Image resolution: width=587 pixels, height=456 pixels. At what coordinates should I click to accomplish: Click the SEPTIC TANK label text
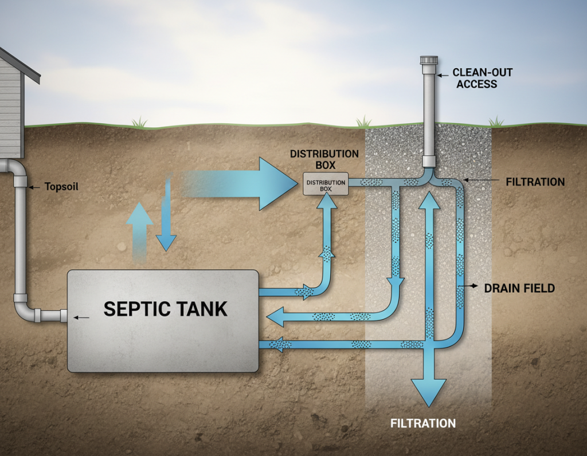[x=165, y=309]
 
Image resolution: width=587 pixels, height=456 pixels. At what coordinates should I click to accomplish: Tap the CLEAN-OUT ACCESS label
[x=474, y=78]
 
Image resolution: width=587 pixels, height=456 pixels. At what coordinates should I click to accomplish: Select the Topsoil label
[x=61, y=187]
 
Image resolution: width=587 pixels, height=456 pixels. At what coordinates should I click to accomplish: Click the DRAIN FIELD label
[x=519, y=288]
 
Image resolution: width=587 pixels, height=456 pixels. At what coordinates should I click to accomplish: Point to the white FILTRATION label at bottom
[x=422, y=424]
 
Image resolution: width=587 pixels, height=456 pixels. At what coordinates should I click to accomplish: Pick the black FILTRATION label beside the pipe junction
[x=535, y=182]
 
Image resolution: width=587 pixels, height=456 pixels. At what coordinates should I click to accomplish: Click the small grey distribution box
[x=326, y=183]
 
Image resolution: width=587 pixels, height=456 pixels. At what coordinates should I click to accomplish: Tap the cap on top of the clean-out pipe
[x=428, y=61]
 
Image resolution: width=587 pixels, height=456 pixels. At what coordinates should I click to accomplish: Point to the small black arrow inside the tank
[x=83, y=317]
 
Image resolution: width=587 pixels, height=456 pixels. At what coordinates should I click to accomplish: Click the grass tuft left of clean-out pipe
[x=363, y=122]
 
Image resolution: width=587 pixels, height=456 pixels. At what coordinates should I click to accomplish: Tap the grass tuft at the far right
[x=496, y=122]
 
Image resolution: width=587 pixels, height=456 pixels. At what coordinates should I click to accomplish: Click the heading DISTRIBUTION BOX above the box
[x=324, y=159]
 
